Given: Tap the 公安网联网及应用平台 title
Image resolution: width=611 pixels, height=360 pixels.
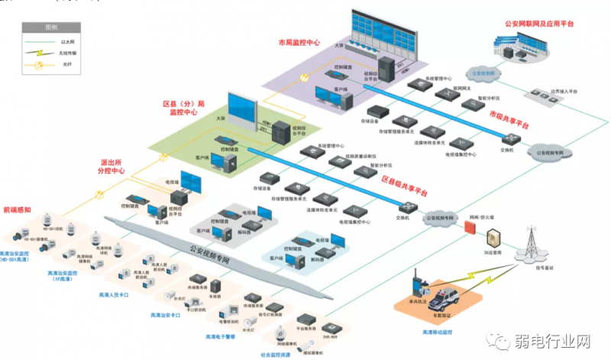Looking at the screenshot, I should click(x=540, y=24).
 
